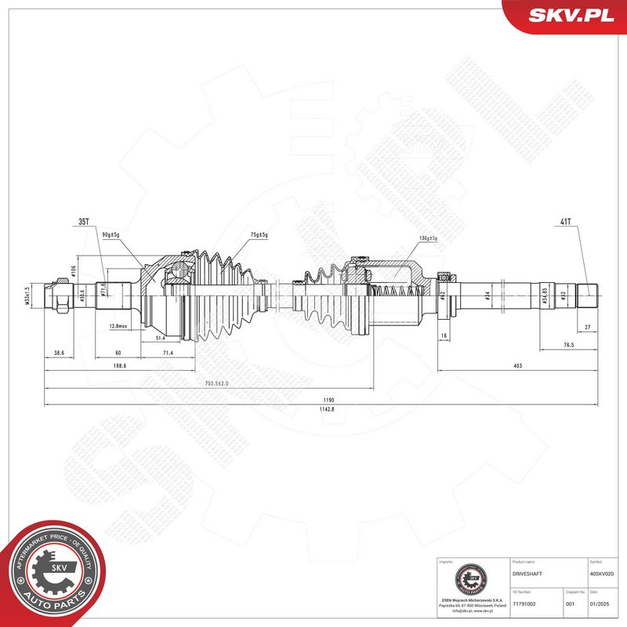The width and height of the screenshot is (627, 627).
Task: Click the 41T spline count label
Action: coord(565,221)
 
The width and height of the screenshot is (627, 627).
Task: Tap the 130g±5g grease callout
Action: coord(427,238)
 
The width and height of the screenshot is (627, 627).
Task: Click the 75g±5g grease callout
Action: coord(258,234)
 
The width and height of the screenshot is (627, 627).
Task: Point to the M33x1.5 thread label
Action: coord(26,296)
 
